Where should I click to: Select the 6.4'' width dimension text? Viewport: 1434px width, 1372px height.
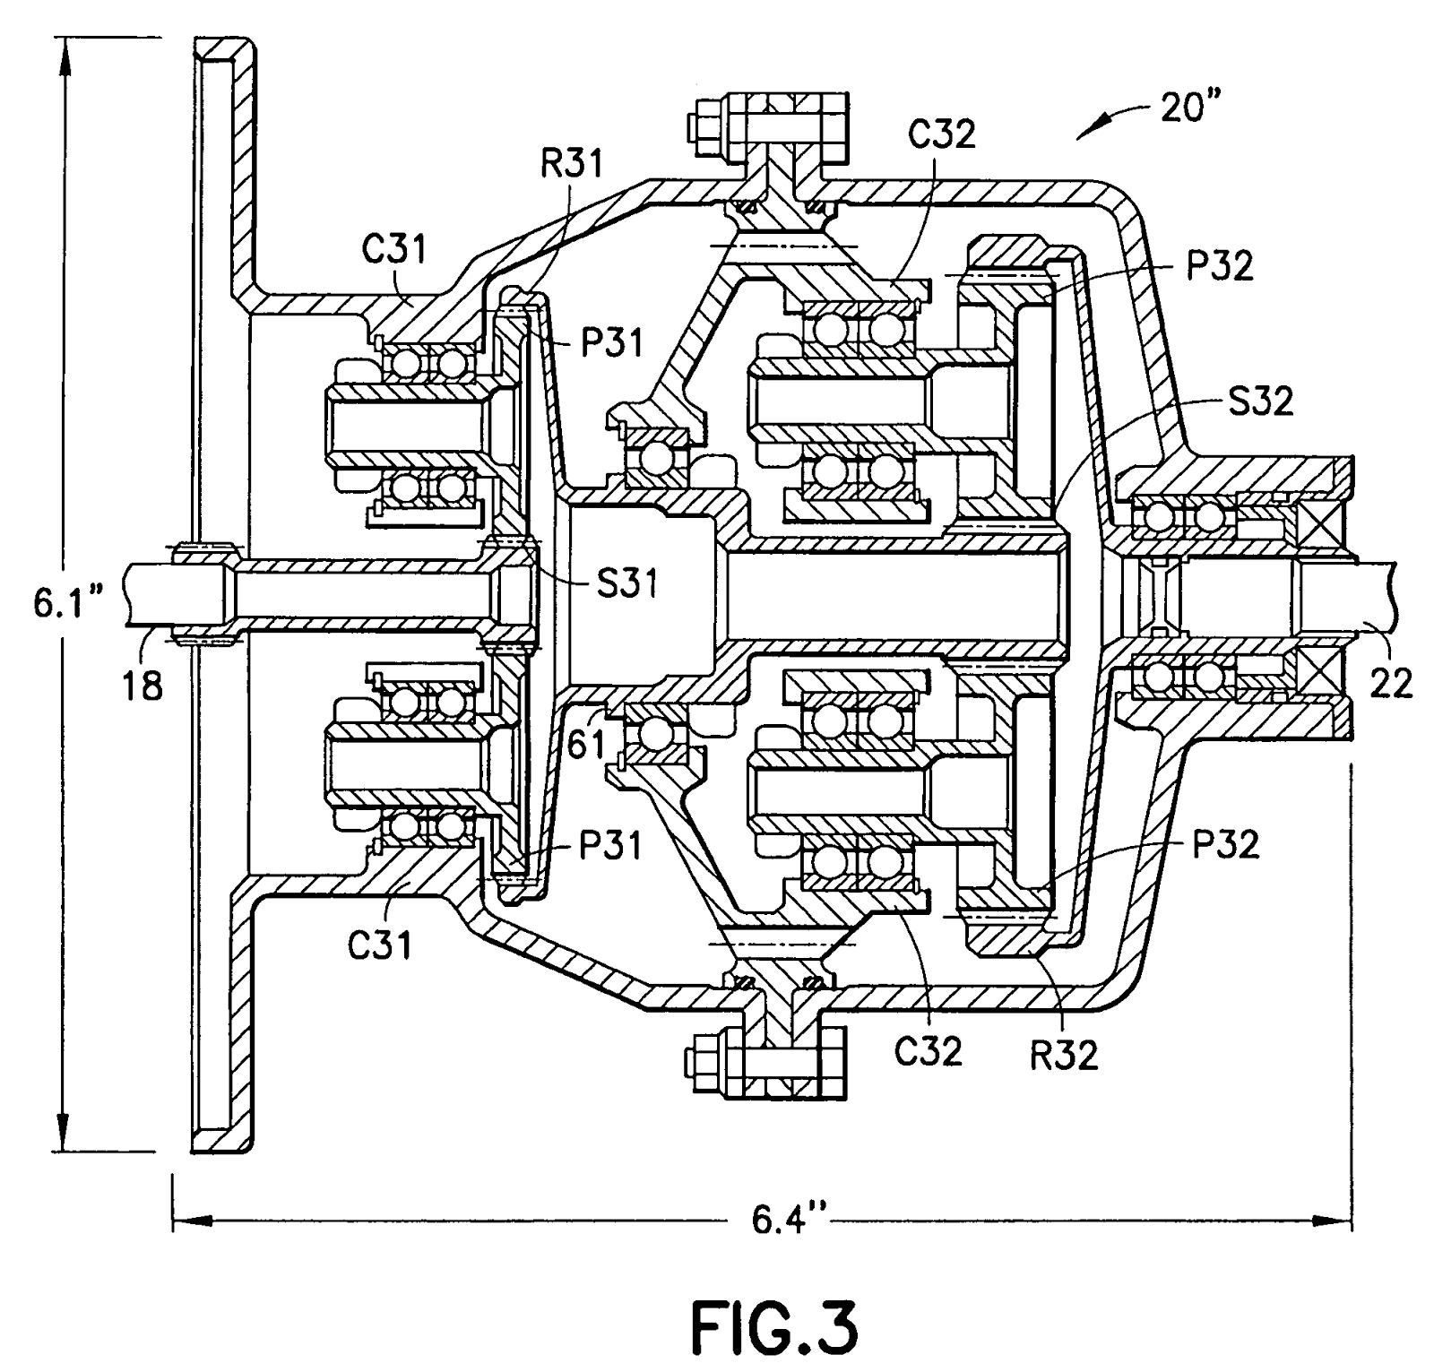tap(776, 1219)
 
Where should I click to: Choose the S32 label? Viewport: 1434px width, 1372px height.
tap(1259, 401)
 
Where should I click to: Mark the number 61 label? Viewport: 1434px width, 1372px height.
tap(587, 744)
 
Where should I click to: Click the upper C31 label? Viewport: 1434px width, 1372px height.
tap(394, 248)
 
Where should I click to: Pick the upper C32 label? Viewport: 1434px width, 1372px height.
tap(943, 134)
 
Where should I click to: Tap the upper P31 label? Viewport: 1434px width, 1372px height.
tap(611, 342)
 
